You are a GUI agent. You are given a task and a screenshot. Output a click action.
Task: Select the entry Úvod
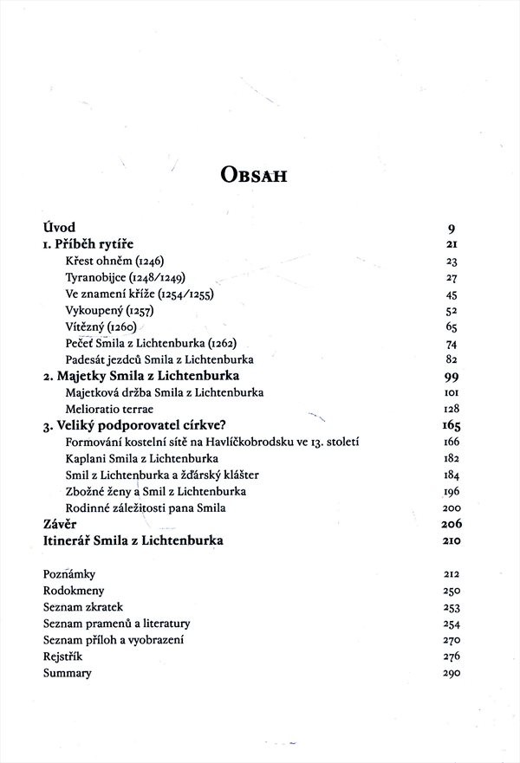pyautogui.click(x=60, y=229)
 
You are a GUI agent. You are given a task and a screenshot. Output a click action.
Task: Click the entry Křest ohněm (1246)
pyautogui.click(x=114, y=262)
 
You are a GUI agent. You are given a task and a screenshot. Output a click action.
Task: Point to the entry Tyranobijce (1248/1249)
pyautogui.click(x=126, y=278)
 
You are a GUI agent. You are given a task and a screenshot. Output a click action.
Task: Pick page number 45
pyautogui.click(x=451, y=294)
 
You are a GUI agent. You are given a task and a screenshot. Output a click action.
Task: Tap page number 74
pyautogui.click(x=451, y=344)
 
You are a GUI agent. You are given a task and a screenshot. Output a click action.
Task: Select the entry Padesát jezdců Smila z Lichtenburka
pyautogui.click(x=159, y=359)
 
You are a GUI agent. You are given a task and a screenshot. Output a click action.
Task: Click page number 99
pyautogui.click(x=450, y=377)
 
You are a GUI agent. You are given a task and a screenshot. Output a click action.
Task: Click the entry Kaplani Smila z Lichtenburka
pyautogui.click(x=142, y=458)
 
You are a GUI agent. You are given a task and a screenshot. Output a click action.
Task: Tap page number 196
pyautogui.click(x=450, y=491)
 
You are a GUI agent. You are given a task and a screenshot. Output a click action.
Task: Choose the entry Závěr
pyautogui.click(x=61, y=524)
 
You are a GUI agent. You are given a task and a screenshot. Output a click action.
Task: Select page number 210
pyautogui.click(x=450, y=541)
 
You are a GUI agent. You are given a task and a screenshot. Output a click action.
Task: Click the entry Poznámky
pyautogui.click(x=68, y=574)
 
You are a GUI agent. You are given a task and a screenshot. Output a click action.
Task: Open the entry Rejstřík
pyautogui.click(x=62, y=656)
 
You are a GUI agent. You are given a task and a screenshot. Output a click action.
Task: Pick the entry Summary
pyautogui.click(x=67, y=673)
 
